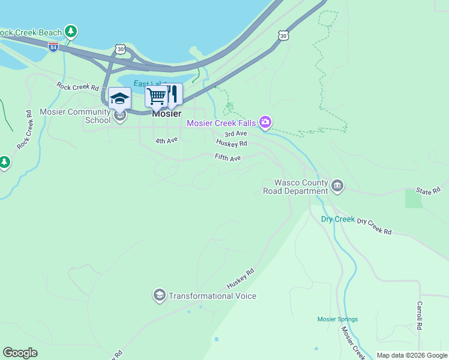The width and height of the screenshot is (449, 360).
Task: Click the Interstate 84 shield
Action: coord(53,47)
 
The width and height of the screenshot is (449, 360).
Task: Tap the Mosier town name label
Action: coord(166,113)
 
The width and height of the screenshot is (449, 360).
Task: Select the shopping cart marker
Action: coord(156,95)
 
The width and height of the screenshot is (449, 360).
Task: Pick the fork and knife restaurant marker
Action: coord(173,94)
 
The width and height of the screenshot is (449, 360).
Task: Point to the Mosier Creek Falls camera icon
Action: coord(265,123)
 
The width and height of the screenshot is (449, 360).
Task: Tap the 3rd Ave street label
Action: coord(236,134)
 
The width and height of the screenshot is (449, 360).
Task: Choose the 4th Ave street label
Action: coord(166,140)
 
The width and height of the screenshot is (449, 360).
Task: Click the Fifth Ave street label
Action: coord(228,157)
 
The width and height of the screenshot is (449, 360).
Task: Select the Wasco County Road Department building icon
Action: coord(337,187)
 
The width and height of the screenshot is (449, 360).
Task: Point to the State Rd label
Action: coord(428,191)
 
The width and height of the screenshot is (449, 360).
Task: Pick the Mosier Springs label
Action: coord(337,319)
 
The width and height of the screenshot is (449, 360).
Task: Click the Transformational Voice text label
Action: coord(212,296)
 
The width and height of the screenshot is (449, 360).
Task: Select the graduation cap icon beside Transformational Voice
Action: coord(159,295)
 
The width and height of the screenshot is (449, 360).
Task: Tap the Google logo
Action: coord(20,353)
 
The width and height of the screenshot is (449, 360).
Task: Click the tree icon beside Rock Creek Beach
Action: coord(71,30)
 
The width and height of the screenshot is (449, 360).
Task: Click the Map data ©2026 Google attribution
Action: coord(412,355)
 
